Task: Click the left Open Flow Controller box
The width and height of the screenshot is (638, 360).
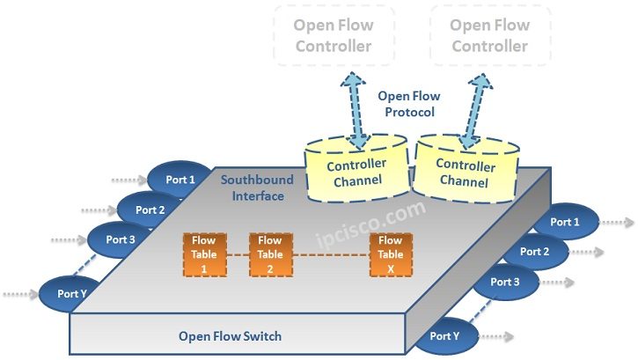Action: pos(334,35)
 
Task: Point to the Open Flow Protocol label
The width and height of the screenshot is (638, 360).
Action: pos(408,104)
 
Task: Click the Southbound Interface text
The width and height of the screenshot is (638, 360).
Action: pos(258,187)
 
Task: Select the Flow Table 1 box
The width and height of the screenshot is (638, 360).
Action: pos(204,254)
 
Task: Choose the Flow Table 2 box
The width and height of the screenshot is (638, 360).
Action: pos(270,254)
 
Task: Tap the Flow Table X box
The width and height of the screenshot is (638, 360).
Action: pos(390,254)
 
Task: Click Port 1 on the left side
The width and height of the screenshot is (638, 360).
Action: pos(181,180)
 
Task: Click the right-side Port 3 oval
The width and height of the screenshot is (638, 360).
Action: pos(505,283)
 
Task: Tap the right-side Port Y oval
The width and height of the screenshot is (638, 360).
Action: pos(445,335)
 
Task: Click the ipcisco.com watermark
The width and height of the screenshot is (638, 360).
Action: pos(370,225)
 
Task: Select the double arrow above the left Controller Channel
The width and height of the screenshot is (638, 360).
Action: pos(356,110)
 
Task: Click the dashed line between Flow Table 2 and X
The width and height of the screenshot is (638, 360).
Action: pos(330,255)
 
